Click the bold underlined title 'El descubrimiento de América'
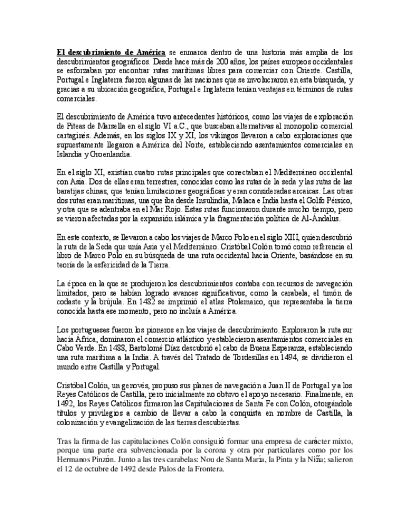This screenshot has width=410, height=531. pos(111,52)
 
